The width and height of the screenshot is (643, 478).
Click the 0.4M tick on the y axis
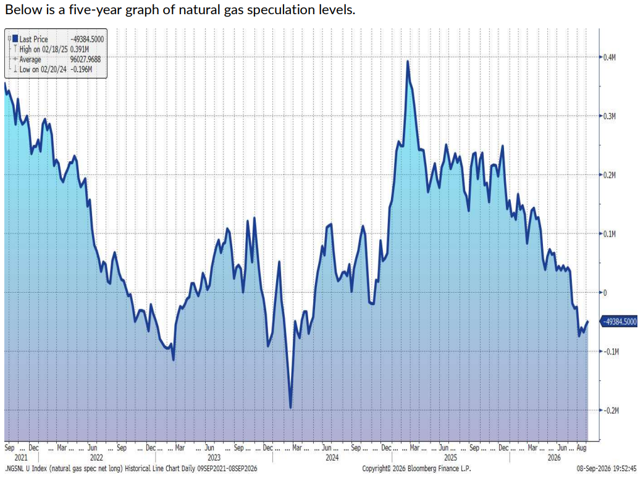pos(610,57)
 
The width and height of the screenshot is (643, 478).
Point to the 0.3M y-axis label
pos(610,117)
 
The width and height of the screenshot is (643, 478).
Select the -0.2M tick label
pos(611,410)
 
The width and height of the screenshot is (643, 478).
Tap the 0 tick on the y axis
pos(605,293)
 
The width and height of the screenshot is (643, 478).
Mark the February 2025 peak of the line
pos(408,62)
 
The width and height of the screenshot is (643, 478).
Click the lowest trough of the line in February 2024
pos(290,408)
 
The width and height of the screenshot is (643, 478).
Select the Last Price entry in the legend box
pos(33,40)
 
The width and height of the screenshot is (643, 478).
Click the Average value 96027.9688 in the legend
pos(85,59)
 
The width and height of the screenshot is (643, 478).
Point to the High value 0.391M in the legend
pos(80,49)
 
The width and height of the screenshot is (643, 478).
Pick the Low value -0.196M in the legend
pos(81,69)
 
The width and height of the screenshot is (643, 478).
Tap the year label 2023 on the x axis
pos(214,458)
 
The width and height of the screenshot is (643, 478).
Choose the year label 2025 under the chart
pos(450,458)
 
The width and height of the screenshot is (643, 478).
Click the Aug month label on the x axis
pos(581,448)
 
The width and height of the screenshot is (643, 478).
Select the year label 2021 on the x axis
pos(21,458)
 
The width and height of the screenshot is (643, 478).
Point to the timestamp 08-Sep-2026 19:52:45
pos(607,469)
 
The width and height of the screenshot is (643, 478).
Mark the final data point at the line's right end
pos(587,322)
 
